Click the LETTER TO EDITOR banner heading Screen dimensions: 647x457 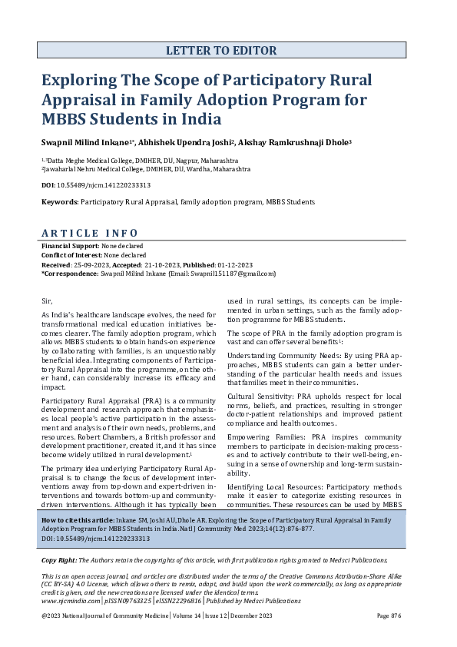coord(221,51)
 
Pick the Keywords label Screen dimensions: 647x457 coord(59,202)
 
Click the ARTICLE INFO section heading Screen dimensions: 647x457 coord(89,233)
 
